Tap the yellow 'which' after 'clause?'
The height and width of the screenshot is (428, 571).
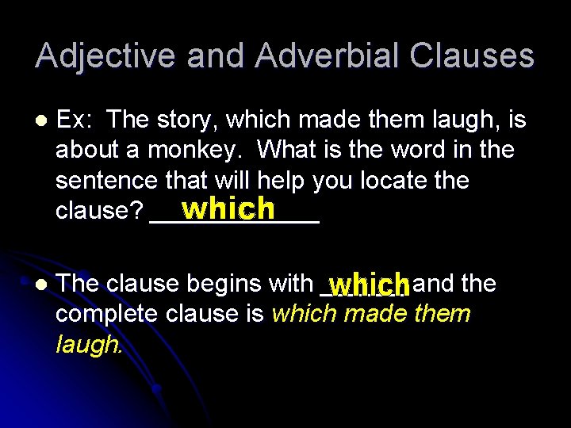click(228, 208)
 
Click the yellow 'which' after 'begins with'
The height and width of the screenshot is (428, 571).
click(369, 285)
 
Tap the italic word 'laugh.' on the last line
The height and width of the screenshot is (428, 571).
click(89, 344)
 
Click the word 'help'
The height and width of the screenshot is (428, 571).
click(281, 180)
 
